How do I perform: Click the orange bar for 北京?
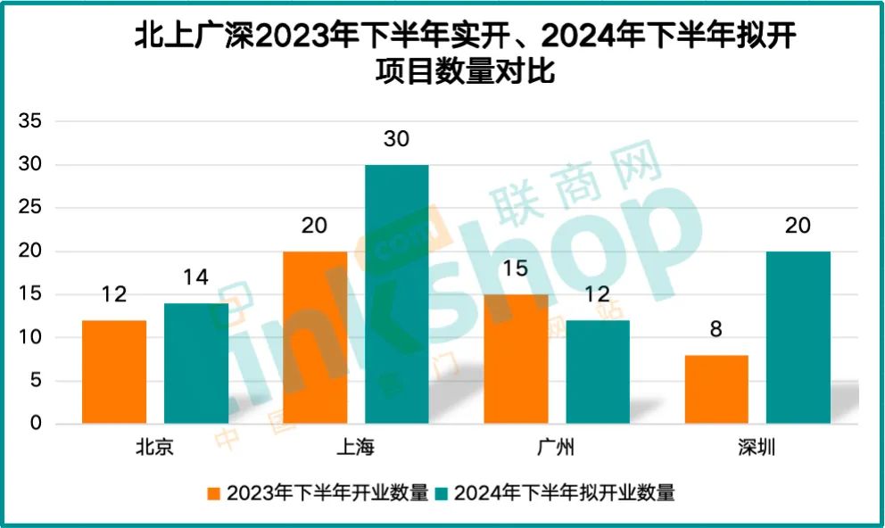[x=113, y=372]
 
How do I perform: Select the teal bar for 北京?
[x=195, y=363]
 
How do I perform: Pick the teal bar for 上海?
[x=396, y=294]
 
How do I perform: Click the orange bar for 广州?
[x=516, y=359]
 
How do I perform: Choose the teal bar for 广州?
[x=598, y=372]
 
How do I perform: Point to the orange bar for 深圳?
[x=716, y=389]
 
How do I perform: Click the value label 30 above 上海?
[x=396, y=140]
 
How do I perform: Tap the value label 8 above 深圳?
[x=716, y=330]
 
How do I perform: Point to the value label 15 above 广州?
[x=516, y=269]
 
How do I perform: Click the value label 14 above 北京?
[x=195, y=278]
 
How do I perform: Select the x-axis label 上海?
[x=355, y=448]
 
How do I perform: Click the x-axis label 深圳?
[x=757, y=448]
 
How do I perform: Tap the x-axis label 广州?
[x=557, y=448]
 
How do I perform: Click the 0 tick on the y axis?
[x=36, y=424]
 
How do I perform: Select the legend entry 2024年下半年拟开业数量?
[x=563, y=492]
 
